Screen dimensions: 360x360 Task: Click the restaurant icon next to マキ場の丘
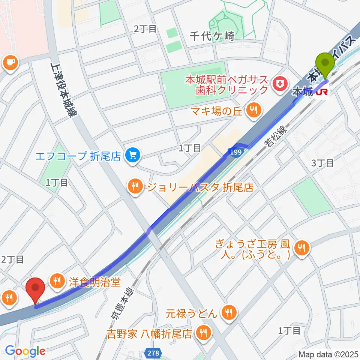[253, 110]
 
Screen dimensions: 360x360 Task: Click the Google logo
[25, 351]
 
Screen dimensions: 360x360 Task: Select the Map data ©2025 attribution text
[327, 354]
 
